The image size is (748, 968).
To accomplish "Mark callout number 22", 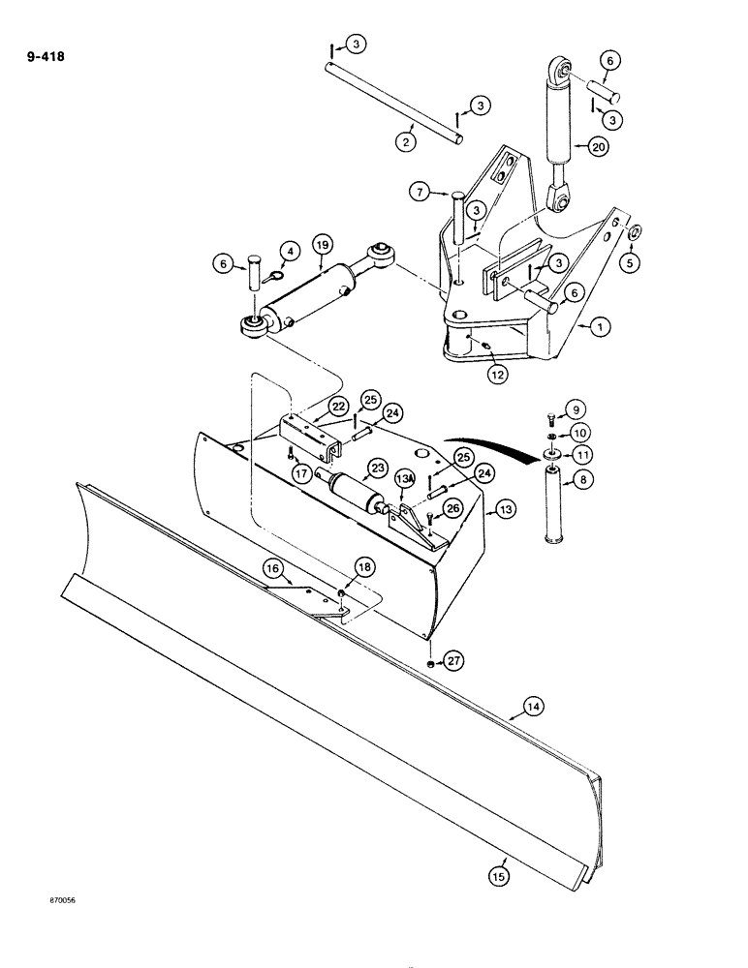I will coord(311,407).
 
